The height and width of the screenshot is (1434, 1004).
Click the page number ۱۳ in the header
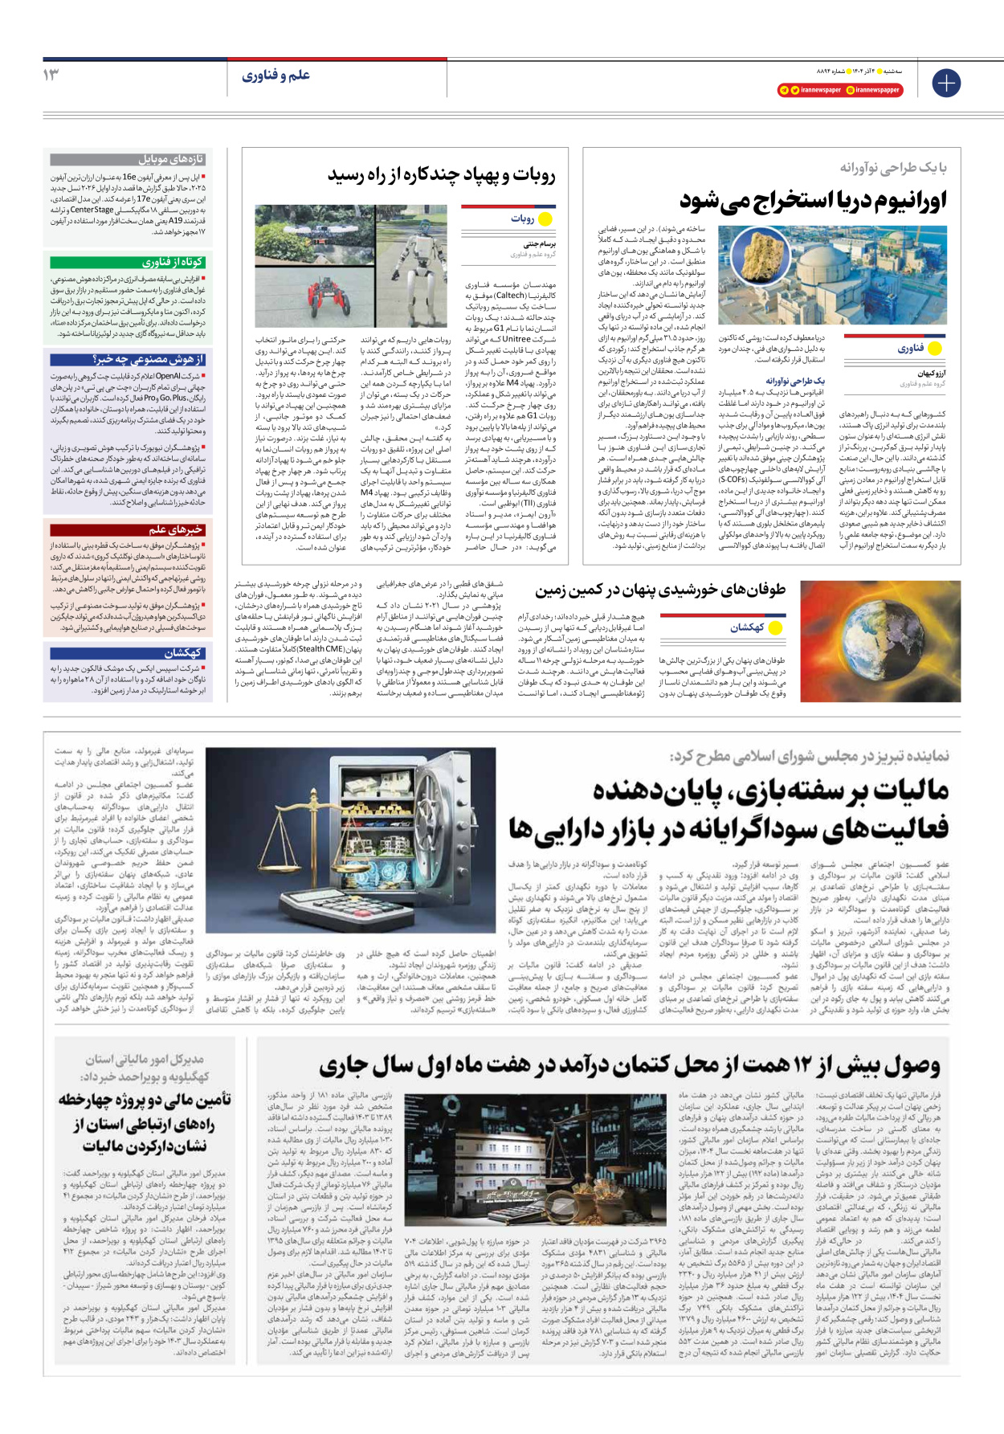(x=51, y=75)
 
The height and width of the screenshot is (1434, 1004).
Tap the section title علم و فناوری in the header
(x=275, y=76)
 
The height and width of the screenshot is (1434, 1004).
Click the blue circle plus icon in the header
(x=946, y=82)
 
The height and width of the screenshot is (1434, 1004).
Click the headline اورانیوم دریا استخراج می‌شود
(x=813, y=199)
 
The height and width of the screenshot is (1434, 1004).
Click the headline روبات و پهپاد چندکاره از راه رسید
(x=441, y=174)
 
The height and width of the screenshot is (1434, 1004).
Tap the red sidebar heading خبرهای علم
(x=175, y=529)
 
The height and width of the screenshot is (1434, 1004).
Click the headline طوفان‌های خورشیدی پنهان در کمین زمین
(x=660, y=590)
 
